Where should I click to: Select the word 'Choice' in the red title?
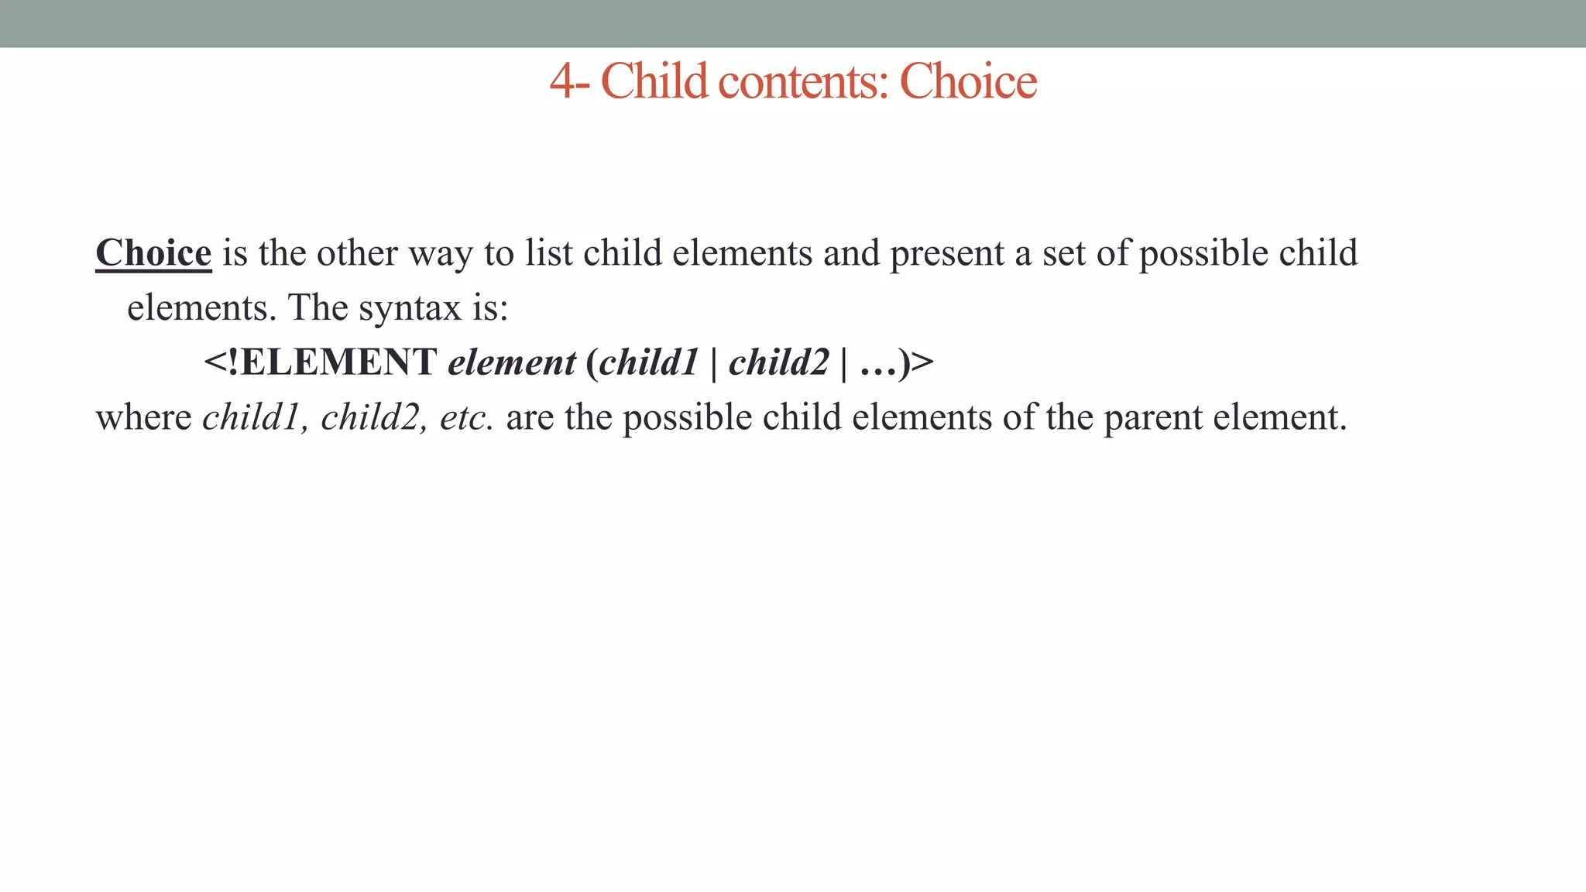[x=968, y=81]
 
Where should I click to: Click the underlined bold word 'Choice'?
[x=153, y=253]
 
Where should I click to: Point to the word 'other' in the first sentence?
[x=357, y=253]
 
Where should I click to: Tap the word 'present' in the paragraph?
[x=947, y=253]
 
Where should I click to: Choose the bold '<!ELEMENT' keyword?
[x=320, y=362]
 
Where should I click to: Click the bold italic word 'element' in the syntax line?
[x=512, y=362]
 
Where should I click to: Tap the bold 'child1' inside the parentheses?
[x=649, y=362]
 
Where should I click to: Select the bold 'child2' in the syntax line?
[x=779, y=362]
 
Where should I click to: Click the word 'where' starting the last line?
[x=143, y=417]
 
